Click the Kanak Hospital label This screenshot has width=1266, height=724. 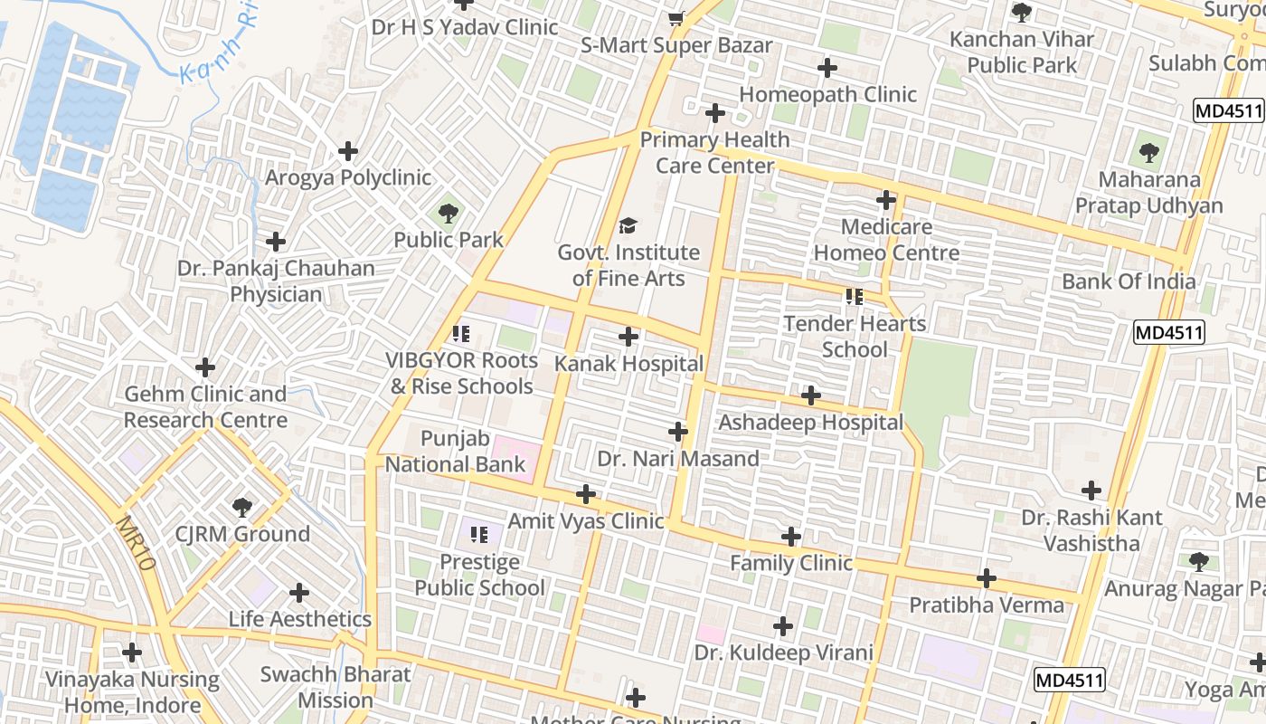point(628,364)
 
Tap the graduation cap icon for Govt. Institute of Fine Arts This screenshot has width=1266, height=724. point(628,225)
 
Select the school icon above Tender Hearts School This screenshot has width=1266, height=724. point(855,296)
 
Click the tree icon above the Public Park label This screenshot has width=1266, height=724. point(448,214)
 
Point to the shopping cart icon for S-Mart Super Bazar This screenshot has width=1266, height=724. point(676,18)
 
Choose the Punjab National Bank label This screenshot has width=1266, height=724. point(456,452)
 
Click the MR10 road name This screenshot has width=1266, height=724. point(137,543)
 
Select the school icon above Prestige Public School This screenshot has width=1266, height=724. point(479,535)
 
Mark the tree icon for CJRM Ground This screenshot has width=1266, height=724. point(241,507)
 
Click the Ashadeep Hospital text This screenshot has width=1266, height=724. point(810,423)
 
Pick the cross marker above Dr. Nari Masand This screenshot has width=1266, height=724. point(678,432)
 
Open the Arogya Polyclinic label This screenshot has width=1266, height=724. point(348,177)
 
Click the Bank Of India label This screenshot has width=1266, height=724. point(1129,281)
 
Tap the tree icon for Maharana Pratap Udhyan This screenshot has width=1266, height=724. point(1148,152)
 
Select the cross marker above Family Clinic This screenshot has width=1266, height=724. point(791,537)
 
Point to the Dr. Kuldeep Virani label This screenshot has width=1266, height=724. point(783,653)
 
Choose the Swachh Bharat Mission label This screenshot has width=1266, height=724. point(335,687)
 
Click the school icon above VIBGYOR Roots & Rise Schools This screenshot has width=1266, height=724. point(461,334)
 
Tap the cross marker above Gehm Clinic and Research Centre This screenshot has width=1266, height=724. point(205,367)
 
